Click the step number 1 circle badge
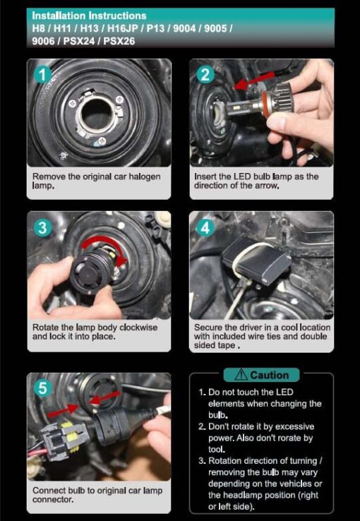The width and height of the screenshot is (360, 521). point(42,76)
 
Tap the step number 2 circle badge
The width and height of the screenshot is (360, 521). point(205,75)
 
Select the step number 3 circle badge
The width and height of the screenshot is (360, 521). point(43,228)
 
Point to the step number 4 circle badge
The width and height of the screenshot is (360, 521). point(205,228)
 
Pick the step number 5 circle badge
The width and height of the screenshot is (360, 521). point(43,388)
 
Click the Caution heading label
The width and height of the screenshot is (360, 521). point(270,375)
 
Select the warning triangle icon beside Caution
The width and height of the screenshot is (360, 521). point(241,375)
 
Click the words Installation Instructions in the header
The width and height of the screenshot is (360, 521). point(89,16)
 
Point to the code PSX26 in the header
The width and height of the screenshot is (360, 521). point(119,42)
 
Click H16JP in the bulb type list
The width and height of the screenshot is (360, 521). point(123,28)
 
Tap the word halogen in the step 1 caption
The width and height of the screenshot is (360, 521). point(145,176)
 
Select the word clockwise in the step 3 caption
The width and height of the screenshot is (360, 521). point(138,328)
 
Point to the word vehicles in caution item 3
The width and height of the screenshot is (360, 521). point(292,484)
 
